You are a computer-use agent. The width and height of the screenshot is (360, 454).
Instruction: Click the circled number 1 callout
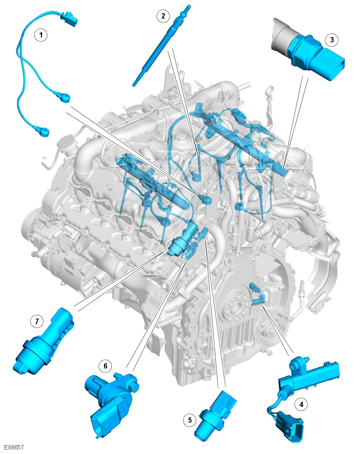41,35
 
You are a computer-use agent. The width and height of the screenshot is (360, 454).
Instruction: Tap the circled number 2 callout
163,16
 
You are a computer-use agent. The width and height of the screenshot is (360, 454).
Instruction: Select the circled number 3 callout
332,40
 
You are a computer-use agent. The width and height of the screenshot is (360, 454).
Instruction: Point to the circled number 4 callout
301,405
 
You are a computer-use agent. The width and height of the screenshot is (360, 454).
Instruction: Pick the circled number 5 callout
190,420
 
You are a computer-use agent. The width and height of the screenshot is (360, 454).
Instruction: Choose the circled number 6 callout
105,366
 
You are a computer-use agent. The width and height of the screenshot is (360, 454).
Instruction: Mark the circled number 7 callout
37,321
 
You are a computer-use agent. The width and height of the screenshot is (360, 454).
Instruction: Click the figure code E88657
14,447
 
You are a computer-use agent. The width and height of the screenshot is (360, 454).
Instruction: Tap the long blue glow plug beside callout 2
162,46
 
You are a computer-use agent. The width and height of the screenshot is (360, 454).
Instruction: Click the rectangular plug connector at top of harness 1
69,19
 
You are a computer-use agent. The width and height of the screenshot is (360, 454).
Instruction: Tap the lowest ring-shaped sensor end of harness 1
45,131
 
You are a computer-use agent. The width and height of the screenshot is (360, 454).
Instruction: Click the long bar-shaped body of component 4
309,378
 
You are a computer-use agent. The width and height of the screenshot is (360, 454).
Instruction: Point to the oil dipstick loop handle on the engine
270,91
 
